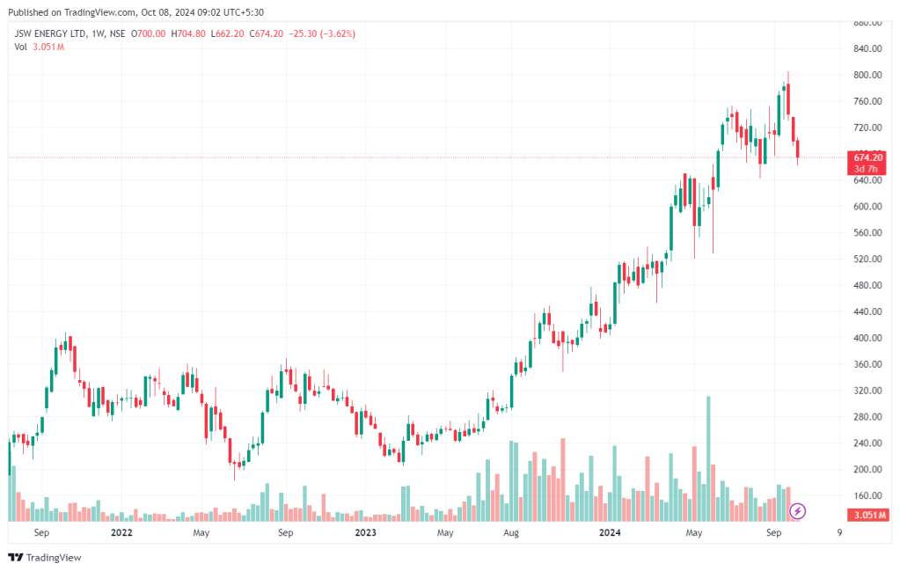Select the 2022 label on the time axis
[121, 533]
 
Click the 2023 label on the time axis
[365, 533]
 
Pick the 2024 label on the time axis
[610, 533]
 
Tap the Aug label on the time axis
[510, 533]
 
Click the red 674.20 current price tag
[867, 157]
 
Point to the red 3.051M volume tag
[867, 515]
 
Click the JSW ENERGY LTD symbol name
[52, 33]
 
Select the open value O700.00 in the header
[148, 33]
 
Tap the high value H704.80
[187, 33]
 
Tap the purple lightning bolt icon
[798, 510]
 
